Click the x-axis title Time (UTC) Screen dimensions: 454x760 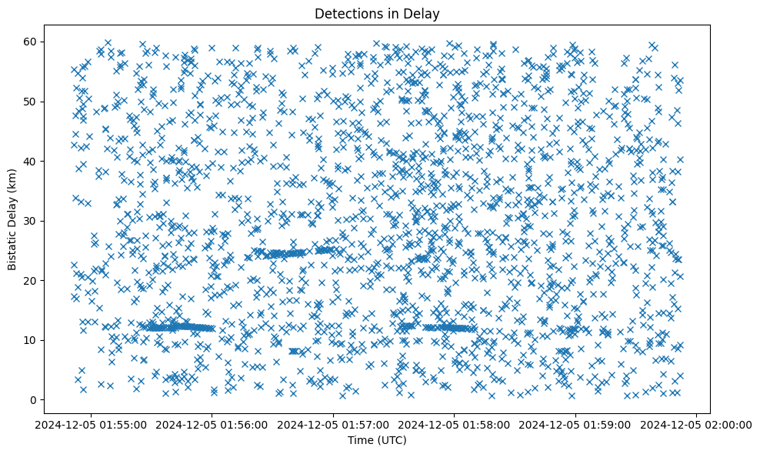(x=377, y=441)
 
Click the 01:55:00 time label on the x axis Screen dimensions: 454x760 (x=91, y=424)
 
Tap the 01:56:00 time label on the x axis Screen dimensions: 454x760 (x=212, y=424)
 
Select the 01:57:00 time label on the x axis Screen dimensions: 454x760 (x=333, y=424)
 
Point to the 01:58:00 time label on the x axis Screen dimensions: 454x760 (x=454, y=424)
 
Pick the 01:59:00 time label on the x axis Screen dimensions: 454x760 (x=575, y=424)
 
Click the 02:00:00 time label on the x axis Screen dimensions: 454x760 (x=696, y=424)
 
